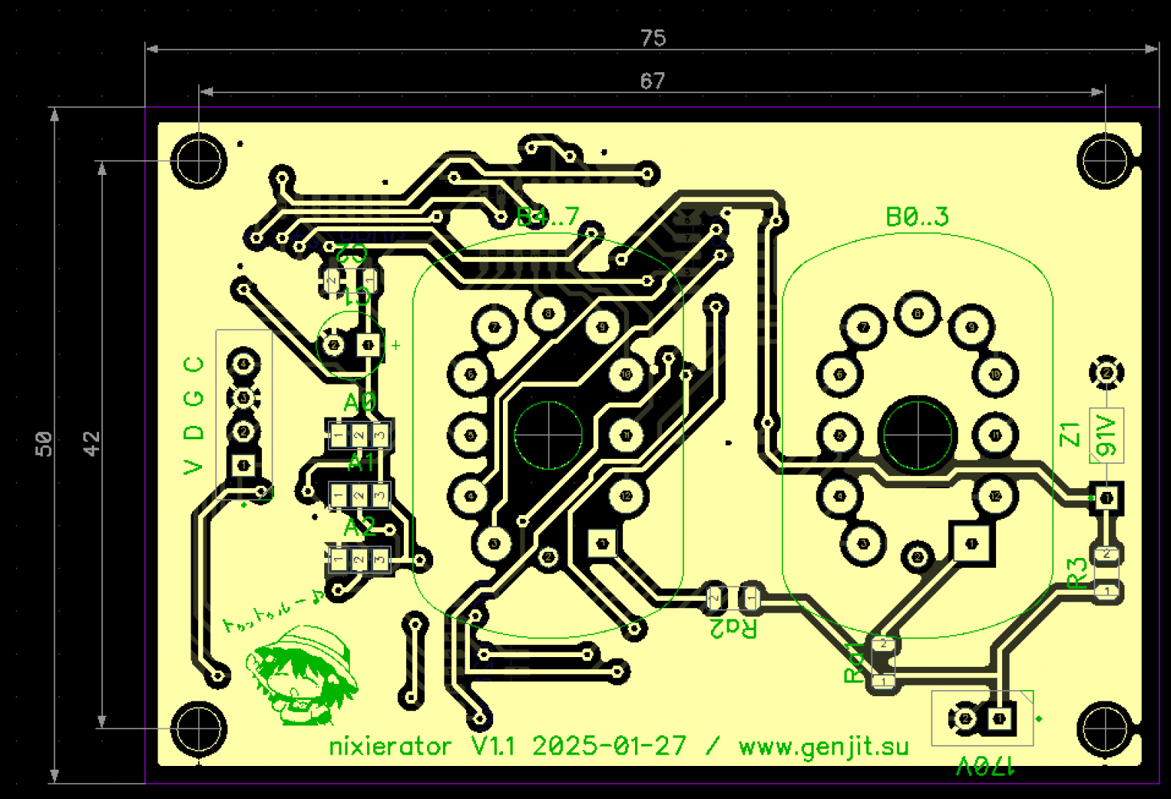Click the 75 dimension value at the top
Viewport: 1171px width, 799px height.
(x=652, y=38)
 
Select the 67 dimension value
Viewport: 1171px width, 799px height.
(x=652, y=80)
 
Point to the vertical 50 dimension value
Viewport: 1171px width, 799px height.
(x=44, y=443)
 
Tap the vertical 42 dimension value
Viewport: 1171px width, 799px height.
(x=91, y=443)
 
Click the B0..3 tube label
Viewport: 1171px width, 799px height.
(x=917, y=217)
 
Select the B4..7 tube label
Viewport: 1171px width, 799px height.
(x=547, y=217)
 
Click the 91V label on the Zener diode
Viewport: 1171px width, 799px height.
(x=1106, y=436)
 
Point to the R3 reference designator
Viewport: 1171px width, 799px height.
(x=1077, y=573)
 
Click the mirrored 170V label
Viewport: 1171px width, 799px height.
(x=985, y=767)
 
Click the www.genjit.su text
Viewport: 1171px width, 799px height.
(x=823, y=746)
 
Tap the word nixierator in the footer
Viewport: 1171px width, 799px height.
(x=390, y=746)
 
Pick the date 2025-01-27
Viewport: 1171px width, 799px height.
(x=609, y=746)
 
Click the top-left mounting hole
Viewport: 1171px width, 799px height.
(x=198, y=160)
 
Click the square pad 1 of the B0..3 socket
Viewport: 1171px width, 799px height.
(x=972, y=543)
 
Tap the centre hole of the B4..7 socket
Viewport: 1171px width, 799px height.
(x=548, y=435)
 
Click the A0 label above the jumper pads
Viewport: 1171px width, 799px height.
(x=360, y=403)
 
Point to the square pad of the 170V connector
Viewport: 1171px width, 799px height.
(x=1000, y=719)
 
